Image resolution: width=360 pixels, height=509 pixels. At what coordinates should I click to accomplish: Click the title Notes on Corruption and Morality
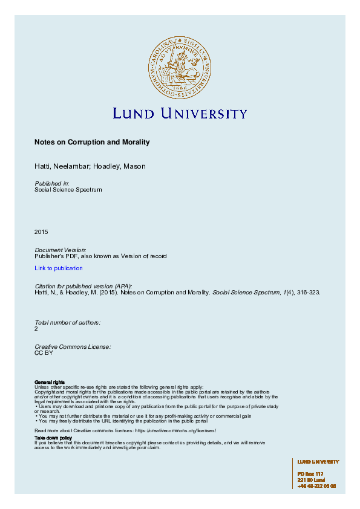coord(92,142)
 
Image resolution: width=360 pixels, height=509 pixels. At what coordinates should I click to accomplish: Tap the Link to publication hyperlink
coord(59,268)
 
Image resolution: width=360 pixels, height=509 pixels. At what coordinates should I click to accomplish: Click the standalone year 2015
coord(41,232)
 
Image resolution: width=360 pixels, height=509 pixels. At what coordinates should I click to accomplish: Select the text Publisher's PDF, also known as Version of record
coord(101,256)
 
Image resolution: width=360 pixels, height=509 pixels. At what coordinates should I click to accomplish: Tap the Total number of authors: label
coord(67,322)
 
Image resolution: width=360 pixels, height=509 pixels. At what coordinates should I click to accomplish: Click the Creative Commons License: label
coord(73,346)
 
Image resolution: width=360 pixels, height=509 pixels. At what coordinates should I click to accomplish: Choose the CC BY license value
coord(44,353)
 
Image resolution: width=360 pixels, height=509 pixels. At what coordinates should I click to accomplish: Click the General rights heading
coord(49,383)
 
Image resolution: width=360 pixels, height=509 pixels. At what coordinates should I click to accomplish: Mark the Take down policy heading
coord(53,437)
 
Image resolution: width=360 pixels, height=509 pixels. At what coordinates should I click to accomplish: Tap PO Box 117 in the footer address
coord(310,473)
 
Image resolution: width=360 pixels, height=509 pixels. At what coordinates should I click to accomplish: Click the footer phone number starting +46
coord(316,485)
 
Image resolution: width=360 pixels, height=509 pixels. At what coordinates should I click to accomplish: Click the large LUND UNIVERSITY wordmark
coord(180,114)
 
